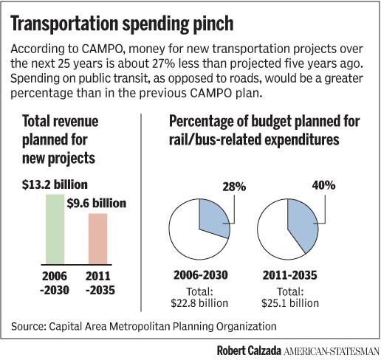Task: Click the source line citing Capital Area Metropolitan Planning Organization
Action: [x=144, y=325]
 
